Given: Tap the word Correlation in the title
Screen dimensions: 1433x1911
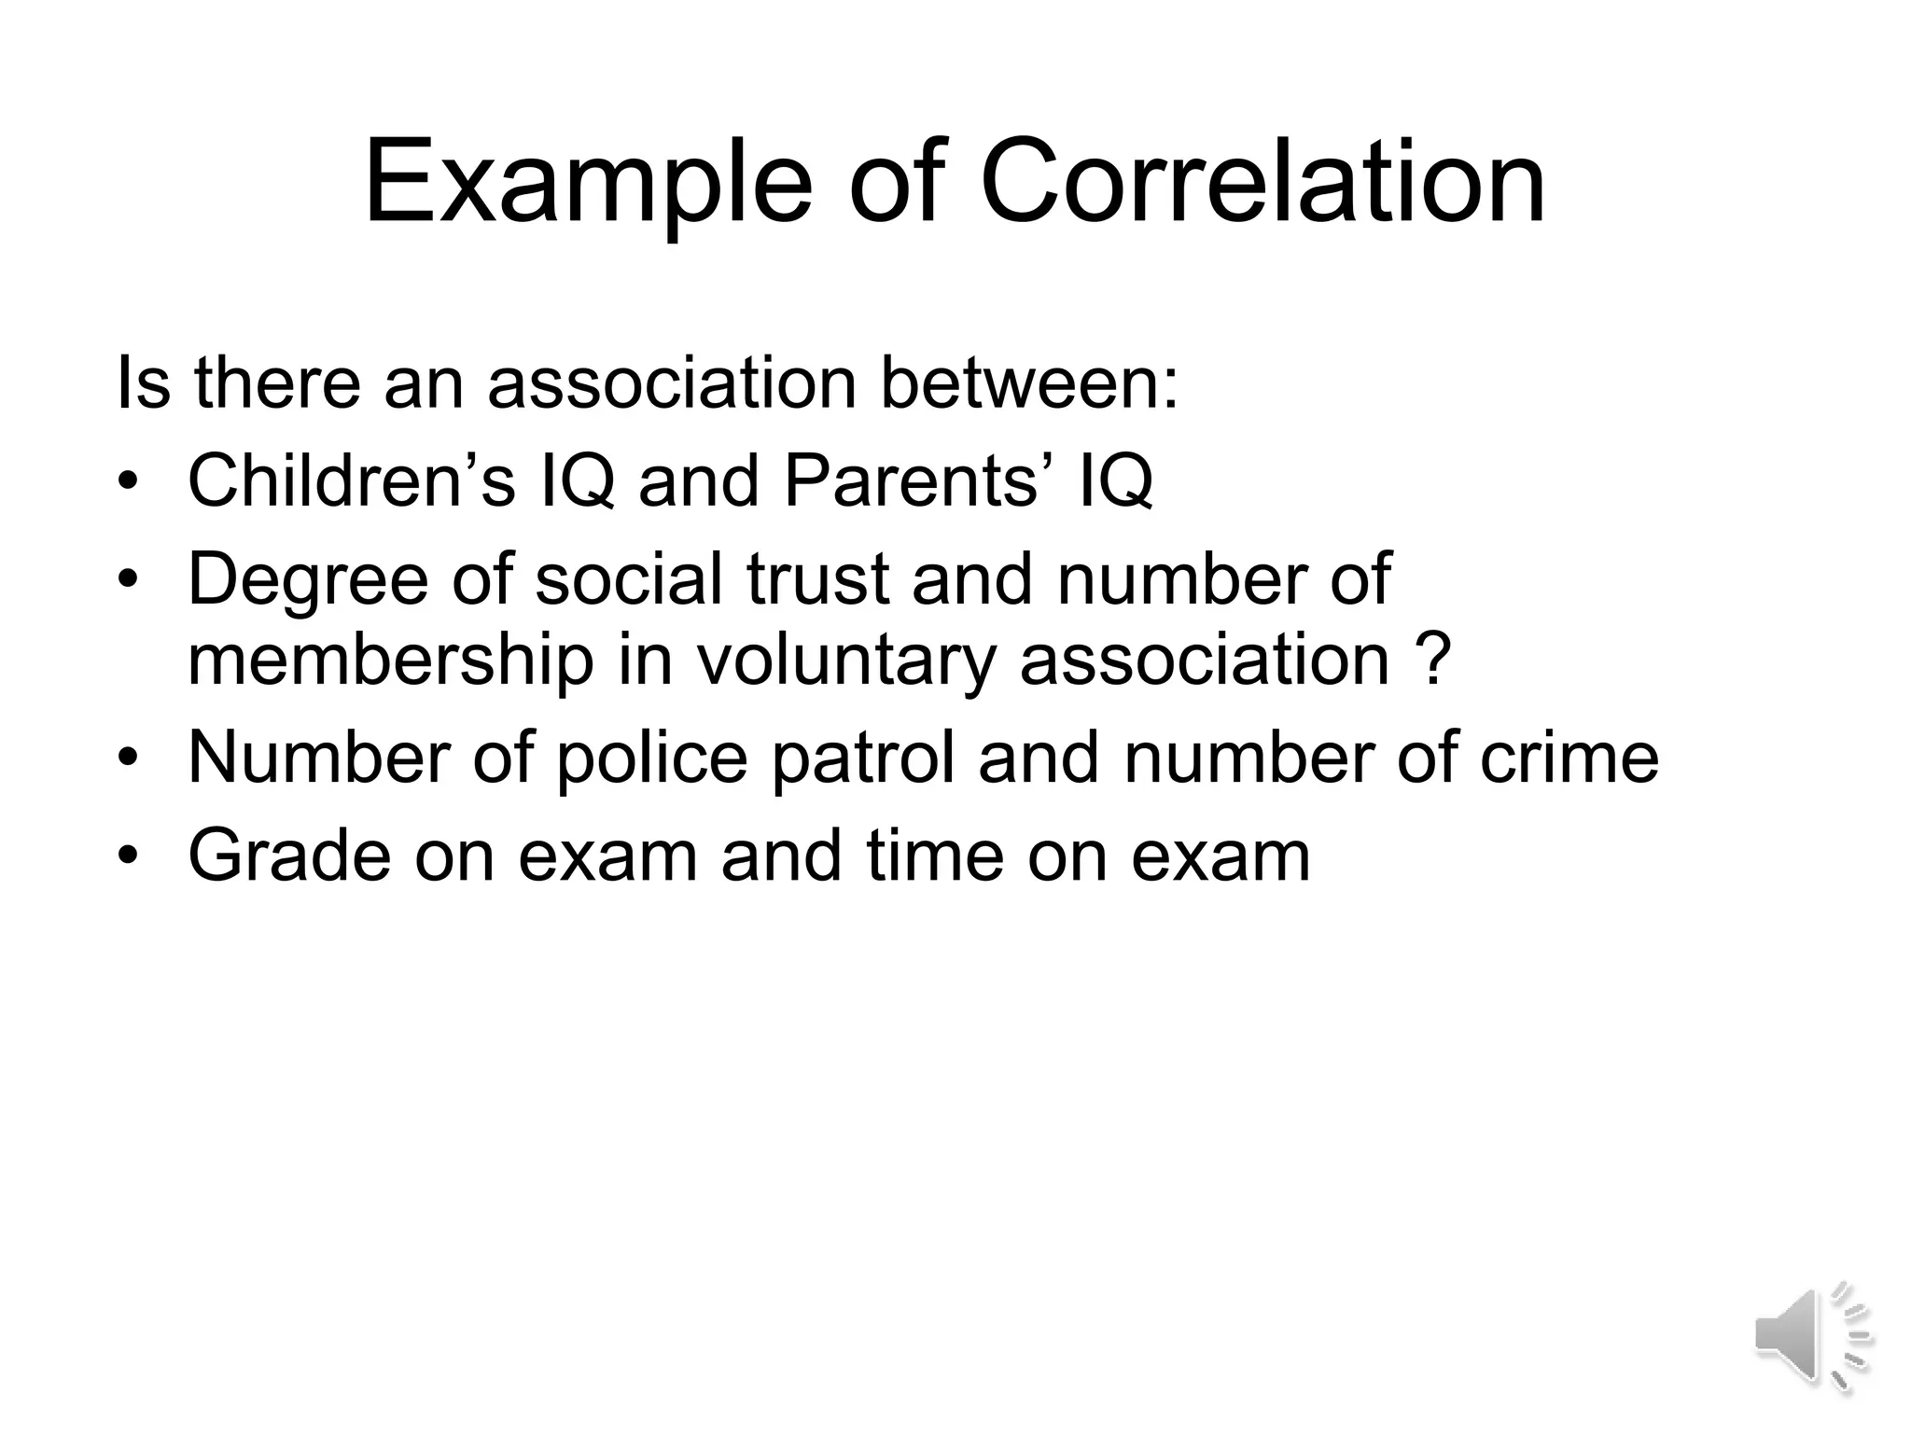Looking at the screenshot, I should tap(1262, 182).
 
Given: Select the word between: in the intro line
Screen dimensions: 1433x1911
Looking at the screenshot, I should tap(1030, 383).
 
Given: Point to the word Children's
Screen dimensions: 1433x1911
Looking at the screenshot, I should tap(352, 480).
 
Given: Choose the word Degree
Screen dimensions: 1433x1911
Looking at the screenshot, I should tap(309, 578).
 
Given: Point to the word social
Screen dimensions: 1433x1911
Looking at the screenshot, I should tap(630, 578).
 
